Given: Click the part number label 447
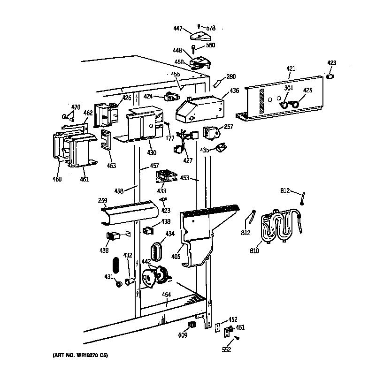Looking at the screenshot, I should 177,28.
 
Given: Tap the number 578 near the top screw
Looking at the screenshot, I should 210,28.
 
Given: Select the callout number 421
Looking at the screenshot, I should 291,69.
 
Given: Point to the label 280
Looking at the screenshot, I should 231,77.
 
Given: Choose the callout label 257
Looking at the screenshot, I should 229,127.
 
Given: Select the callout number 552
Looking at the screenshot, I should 227,349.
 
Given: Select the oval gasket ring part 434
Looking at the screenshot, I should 157,252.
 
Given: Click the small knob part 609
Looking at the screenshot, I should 191,325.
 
